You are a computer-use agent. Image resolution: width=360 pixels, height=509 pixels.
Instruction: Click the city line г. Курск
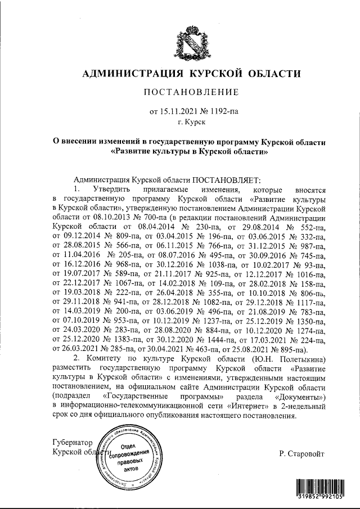tap(192, 121)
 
